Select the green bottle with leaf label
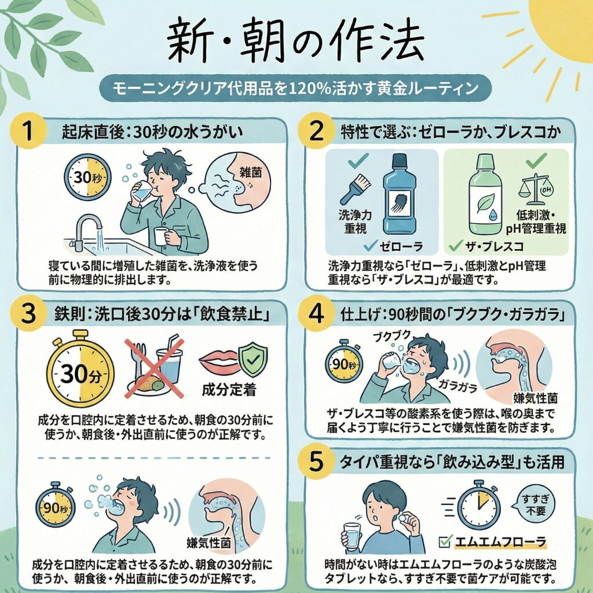(485, 194)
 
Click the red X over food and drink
(153, 368)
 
